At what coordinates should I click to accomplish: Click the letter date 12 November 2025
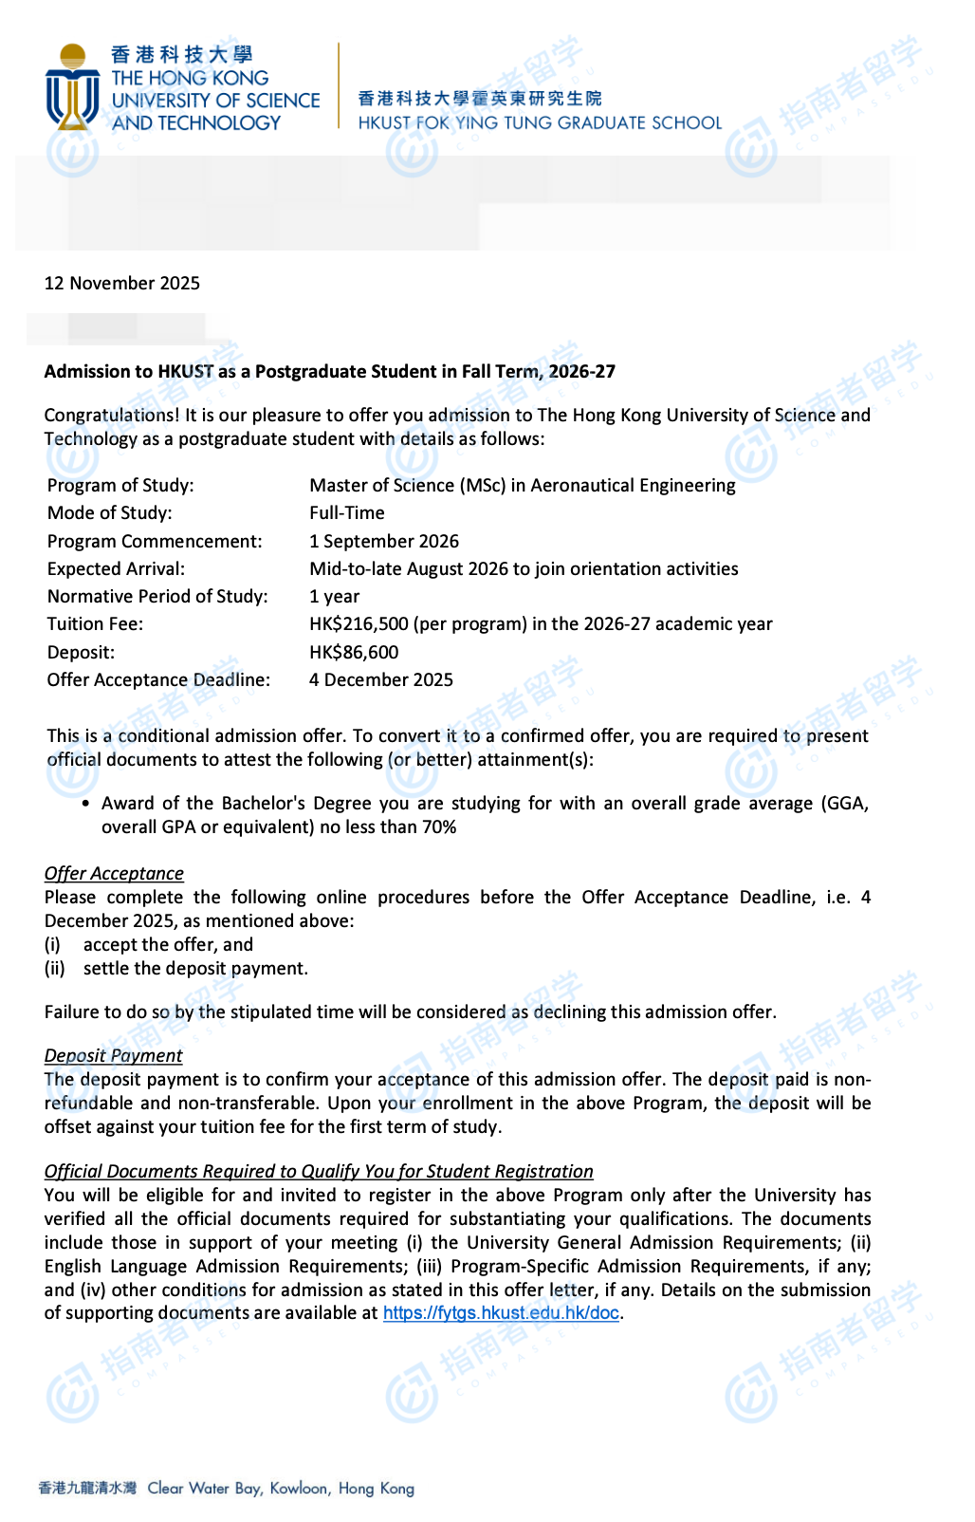[122, 284]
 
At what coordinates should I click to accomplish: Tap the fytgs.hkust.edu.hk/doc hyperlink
[501, 1313]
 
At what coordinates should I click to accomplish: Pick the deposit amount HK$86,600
[354, 653]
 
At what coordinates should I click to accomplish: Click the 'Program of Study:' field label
[120, 486]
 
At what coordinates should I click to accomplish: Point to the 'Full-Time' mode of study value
[347, 513]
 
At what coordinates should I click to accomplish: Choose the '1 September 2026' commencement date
[384, 542]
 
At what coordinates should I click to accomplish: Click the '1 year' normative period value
[335, 597]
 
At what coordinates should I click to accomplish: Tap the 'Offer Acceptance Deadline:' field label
[158, 680]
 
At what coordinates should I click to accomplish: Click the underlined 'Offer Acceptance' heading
[114, 874]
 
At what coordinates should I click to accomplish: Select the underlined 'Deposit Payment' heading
[113, 1056]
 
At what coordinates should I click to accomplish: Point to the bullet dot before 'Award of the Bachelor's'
[86, 804]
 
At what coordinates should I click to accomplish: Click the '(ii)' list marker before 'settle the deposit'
[54, 969]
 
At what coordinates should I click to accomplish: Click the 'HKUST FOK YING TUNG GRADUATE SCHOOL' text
[540, 123]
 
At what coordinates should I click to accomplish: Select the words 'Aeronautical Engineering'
[633, 486]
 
